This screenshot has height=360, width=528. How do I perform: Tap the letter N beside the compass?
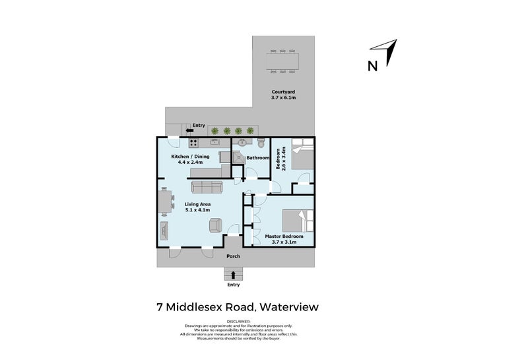pos(373,65)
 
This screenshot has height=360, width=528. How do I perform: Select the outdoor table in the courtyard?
pos(282,61)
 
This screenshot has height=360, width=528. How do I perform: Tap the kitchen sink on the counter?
pos(215,141)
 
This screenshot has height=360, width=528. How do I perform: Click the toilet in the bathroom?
pos(262,143)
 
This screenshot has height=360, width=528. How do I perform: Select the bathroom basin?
pos(242,142)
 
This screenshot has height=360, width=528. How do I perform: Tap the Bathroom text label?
pos(257,158)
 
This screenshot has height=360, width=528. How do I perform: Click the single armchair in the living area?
pos(215,225)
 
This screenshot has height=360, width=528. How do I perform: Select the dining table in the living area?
pos(164,201)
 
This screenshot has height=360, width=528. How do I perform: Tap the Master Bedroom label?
pos(284,236)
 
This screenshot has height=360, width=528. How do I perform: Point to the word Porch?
pos(232,256)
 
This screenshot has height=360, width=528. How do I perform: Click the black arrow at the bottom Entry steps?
pos(234,274)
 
